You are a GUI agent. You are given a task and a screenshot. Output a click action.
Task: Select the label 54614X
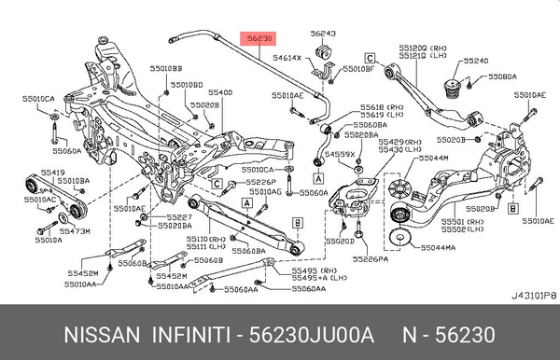tap(287, 58)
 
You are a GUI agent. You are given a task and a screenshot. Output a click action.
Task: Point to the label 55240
tap(476, 61)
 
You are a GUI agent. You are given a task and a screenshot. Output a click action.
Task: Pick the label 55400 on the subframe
tap(220, 92)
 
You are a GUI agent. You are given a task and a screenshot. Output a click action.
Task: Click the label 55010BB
tap(169, 69)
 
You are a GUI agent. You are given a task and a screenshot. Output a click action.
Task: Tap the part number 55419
tap(51, 173)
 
